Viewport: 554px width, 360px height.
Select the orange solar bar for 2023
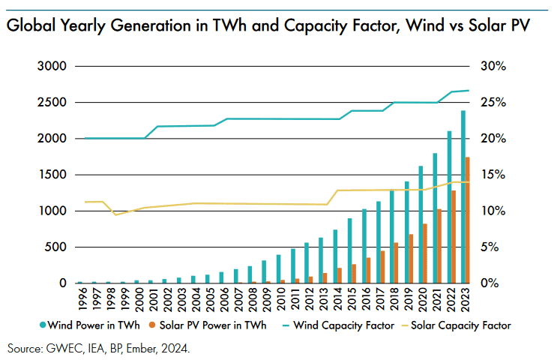pos(469,221)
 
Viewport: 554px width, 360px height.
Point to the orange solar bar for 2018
pos(397,262)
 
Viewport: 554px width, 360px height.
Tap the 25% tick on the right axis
pos(494,103)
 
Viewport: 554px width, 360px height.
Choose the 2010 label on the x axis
pos(280,299)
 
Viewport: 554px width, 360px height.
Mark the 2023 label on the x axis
pos(466,299)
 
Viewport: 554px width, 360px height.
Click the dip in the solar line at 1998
pos(115,214)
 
